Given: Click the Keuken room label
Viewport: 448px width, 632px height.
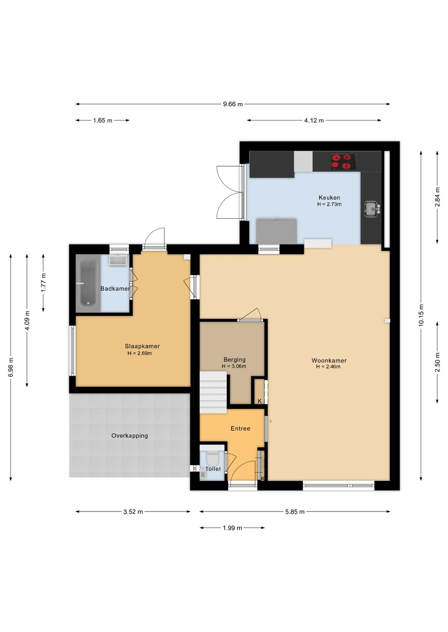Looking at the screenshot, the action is (x=329, y=198).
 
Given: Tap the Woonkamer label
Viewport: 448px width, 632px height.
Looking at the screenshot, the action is (x=329, y=360).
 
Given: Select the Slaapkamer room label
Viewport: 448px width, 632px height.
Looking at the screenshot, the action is (x=142, y=346).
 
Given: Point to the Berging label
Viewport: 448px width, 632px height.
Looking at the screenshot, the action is (x=234, y=360).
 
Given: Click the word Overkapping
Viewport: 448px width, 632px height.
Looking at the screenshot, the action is (x=129, y=435).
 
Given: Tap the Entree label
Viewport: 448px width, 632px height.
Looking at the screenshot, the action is (x=240, y=428).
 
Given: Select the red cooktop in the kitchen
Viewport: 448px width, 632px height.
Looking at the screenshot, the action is (x=343, y=162).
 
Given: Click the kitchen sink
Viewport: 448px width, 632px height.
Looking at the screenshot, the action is (x=372, y=209).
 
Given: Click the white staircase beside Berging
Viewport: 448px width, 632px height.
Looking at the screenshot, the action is (x=213, y=392).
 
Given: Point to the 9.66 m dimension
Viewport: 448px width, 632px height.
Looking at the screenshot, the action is (x=233, y=104).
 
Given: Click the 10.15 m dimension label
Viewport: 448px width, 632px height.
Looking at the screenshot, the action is (x=421, y=315).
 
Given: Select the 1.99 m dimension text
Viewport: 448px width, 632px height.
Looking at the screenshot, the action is (x=232, y=528).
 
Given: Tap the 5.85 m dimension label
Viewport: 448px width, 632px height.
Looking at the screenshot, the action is (x=295, y=512).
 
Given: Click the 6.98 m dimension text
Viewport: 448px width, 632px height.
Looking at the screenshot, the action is (x=11, y=367).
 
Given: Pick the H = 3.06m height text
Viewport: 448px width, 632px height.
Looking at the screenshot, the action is (x=234, y=367).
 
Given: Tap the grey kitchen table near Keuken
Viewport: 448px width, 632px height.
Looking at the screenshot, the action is (x=276, y=231).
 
